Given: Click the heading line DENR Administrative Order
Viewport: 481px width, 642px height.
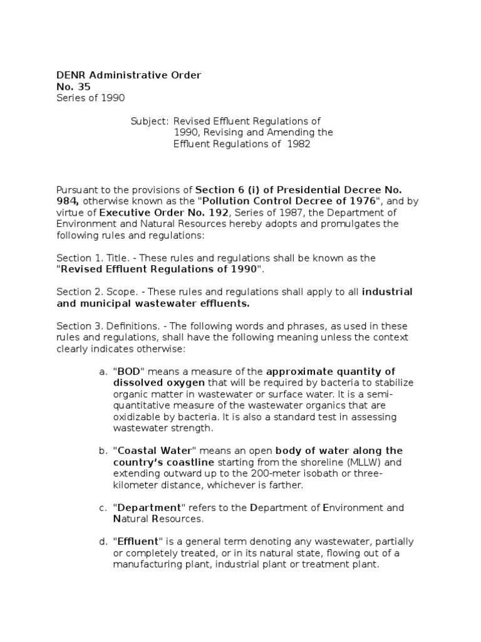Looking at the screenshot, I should pos(129,75).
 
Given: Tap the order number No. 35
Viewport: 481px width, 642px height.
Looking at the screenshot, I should pos(74,87).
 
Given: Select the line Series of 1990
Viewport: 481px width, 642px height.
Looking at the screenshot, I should pos(91,98).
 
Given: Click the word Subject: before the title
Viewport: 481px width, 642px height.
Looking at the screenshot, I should pos(150,121).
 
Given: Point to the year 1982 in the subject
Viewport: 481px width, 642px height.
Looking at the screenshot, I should pos(299,144).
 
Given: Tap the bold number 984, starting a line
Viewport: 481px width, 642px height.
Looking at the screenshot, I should pos(68,201).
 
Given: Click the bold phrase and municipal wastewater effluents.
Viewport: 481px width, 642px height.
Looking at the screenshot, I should pos(153,303).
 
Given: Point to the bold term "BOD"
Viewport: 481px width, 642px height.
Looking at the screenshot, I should pos(129,372).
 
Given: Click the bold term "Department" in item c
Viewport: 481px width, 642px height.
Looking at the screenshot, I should pos(148,508).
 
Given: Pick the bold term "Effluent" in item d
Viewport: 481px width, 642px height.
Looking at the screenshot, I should pos(138,542).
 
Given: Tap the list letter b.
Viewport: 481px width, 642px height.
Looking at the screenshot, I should pos(103,451).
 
